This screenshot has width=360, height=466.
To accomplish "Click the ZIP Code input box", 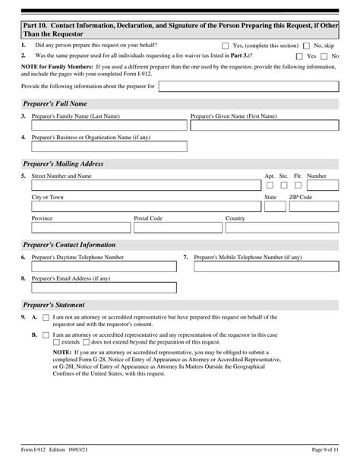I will click(x=314, y=206).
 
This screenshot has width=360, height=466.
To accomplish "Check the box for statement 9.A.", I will click(x=46, y=317).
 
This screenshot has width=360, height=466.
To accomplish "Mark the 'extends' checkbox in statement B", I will click(x=55, y=343).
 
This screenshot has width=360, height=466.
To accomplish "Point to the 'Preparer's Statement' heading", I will click(x=52, y=303).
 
